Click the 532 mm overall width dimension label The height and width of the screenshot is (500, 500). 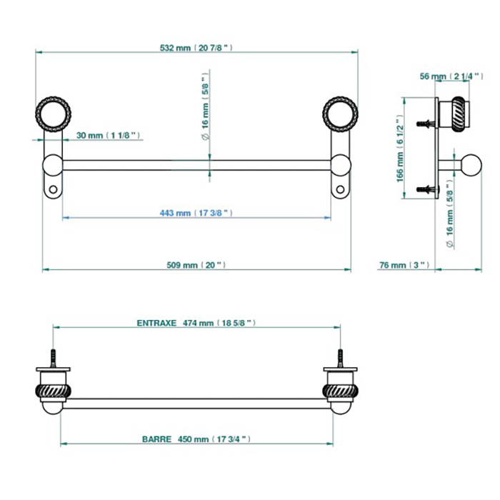click(196, 48)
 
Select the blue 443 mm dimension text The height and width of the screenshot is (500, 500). click(196, 213)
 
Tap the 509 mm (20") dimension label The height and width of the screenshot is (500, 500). click(196, 265)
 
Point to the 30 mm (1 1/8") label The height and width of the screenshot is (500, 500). click(108, 135)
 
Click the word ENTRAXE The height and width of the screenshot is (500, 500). click(156, 323)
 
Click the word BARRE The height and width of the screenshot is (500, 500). click(157, 439)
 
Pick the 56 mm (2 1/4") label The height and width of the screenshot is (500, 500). click(451, 76)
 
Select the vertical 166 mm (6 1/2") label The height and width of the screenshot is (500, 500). click(400, 149)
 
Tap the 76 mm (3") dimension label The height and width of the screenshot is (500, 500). click(404, 265)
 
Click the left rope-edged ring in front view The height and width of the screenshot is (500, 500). click(53, 114)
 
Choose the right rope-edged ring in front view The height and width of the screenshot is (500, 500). click(340, 114)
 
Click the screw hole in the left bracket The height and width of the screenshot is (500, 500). click(53, 190)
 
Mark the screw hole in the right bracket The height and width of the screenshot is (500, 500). click(340, 190)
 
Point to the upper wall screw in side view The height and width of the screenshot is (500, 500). click(426, 124)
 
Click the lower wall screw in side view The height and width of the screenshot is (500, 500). click(426, 189)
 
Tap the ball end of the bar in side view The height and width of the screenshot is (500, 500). click(471, 165)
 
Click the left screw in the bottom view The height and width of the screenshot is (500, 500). click(54, 358)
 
